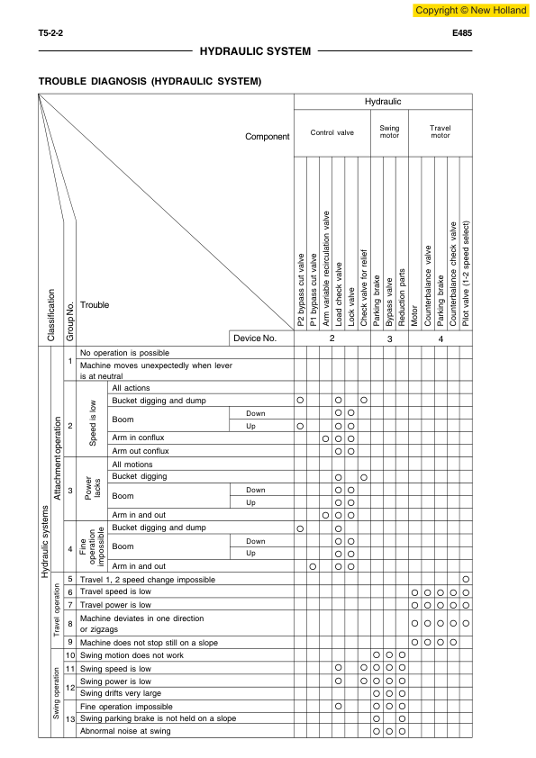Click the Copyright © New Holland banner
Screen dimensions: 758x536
[x=470, y=10]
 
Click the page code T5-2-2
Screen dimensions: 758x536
[x=50, y=32]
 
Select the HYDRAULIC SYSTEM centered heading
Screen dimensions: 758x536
[x=255, y=51]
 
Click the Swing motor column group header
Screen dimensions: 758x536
[x=389, y=132]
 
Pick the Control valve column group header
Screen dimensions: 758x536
[x=332, y=132]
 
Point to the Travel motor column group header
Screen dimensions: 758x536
[x=440, y=132]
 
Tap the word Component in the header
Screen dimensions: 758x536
[x=268, y=138]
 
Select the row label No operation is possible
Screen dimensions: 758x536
[x=124, y=353]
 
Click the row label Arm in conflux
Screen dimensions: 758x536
[x=138, y=438]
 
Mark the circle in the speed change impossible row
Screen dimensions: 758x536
[x=466, y=579]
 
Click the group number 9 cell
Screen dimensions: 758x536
[x=70, y=643]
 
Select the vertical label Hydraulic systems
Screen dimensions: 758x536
[x=45, y=540]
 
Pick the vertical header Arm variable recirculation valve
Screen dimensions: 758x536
[x=325, y=270]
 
